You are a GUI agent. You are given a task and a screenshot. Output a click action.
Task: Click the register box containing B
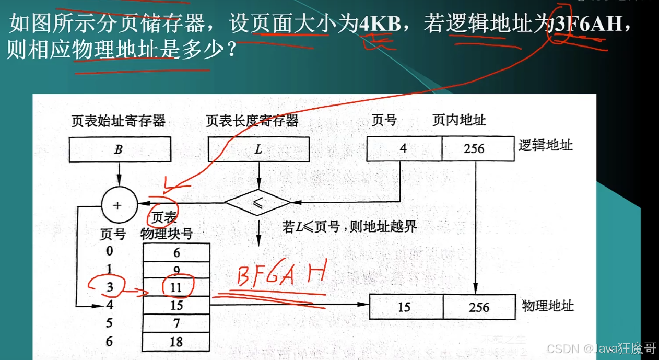(x=120, y=149)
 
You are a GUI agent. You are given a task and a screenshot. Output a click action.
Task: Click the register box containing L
(x=258, y=149)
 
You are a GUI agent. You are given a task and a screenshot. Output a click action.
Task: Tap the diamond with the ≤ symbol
(x=257, y=203)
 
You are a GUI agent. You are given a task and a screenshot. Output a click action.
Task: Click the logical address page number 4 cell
(x=404, y=149)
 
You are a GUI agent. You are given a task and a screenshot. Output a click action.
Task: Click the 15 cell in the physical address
(x=406, y=307)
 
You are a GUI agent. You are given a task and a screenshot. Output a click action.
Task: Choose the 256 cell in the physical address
(x=479, y=307)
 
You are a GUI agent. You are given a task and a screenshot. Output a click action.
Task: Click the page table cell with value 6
(x=176, y=253)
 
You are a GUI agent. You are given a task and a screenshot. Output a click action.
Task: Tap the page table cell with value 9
(x=176, y=271)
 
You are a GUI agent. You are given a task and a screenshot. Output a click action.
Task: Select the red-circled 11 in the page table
(x=176, y=287)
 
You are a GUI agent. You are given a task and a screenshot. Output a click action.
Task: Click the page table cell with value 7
(x=176, y=324)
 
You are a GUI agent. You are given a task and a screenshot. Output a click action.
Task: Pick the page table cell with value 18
(x=176, y=342)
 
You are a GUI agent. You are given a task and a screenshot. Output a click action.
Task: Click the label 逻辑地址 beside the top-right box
(x=545, y=145)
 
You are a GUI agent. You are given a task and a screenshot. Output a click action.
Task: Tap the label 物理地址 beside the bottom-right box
(x=548, y=306)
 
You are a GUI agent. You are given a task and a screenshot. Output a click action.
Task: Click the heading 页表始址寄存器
(x=119, y=121)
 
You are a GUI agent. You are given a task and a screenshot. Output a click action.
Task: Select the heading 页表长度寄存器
(x=252, y=121)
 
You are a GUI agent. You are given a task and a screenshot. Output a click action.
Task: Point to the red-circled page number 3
(x=109, y=287)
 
